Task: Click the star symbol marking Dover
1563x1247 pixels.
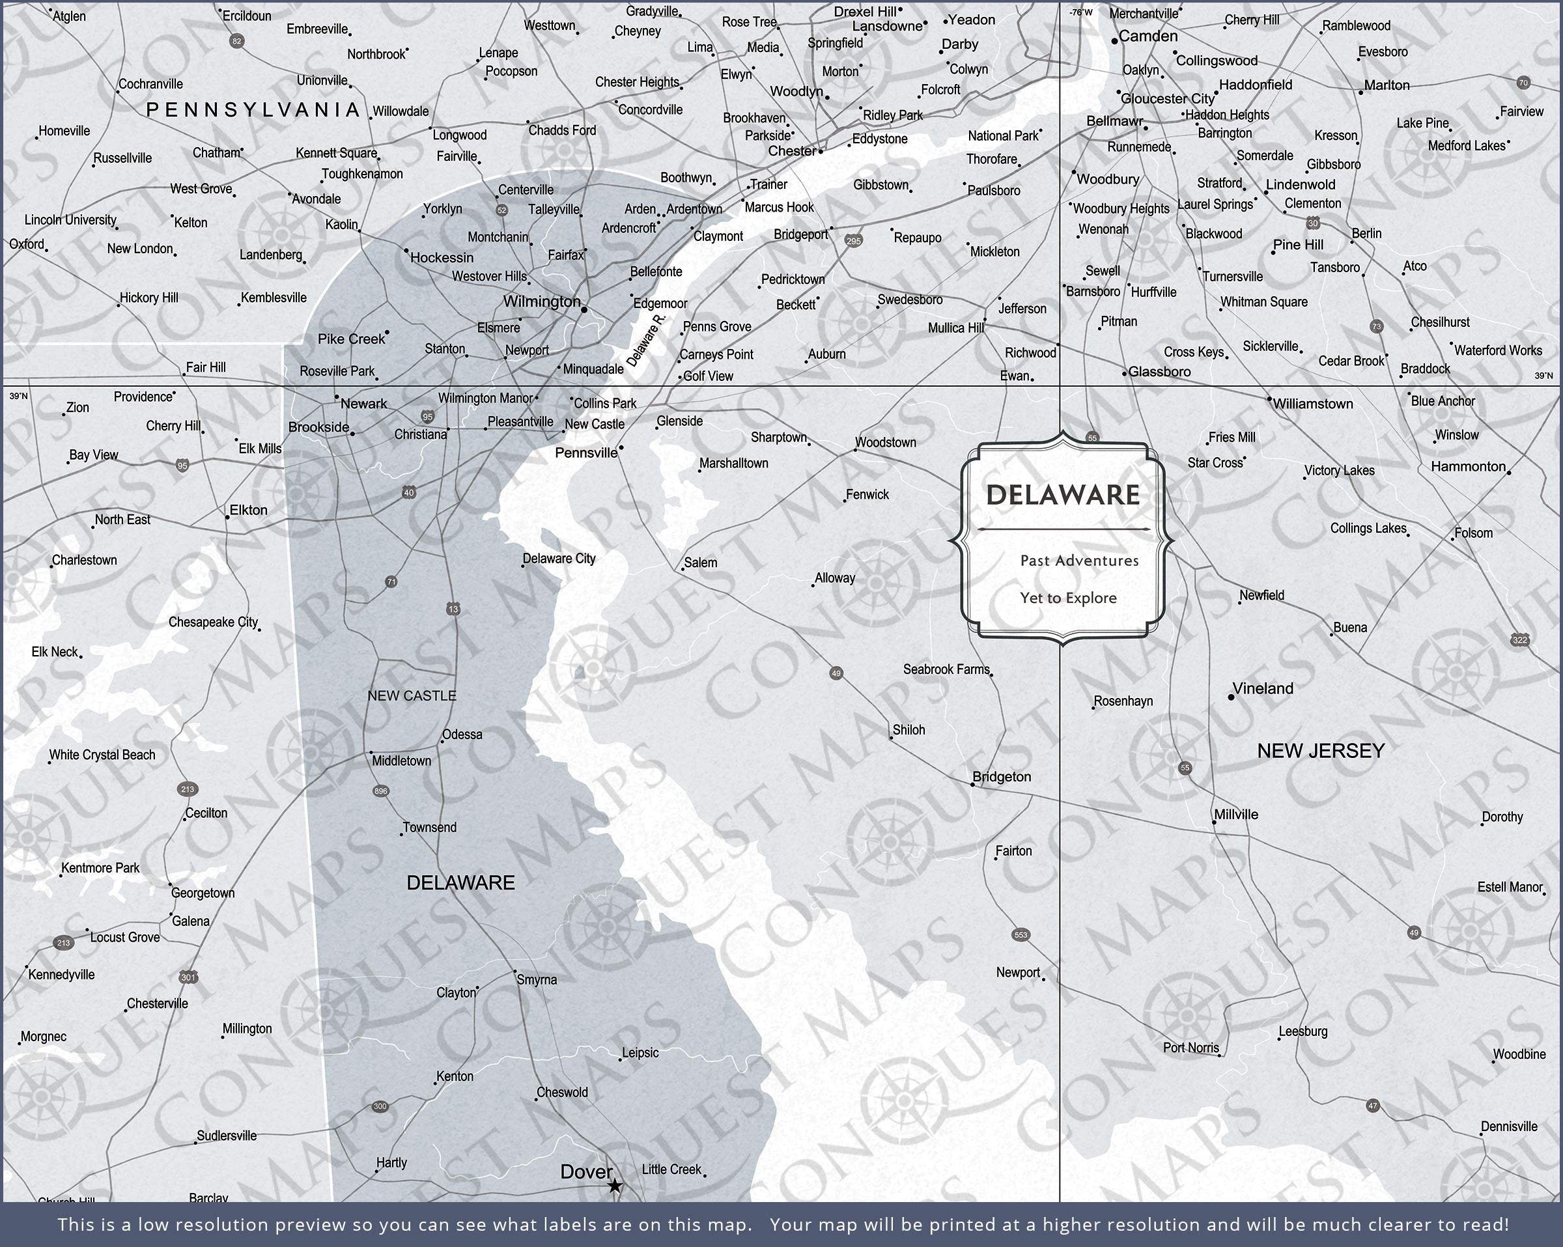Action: [614, 1186]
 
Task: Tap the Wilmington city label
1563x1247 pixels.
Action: [542, 301]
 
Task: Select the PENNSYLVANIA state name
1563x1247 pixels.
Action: [253, 110]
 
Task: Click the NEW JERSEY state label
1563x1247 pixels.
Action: [1321, 751]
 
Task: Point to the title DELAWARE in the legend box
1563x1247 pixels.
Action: [1063, 495]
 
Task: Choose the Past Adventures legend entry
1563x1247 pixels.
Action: [1078, 561]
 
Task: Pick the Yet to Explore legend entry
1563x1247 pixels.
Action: [1068, 598]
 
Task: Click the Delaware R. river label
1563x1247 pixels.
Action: [645, 340]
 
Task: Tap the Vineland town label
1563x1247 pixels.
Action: [1262, 689]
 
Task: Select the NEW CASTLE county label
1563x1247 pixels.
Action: [412, 696]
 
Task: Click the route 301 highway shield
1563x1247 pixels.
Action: [188, 977]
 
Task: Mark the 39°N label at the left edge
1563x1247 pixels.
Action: [18, 396]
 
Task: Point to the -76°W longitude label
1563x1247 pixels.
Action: [1080, 12]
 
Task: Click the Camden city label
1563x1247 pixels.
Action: [1148, 36]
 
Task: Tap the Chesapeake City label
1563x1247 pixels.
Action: [213, 622]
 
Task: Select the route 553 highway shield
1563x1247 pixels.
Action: [1021, 934]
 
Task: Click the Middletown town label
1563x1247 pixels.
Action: [401, 761]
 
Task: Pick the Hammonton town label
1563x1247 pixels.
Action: [1468, 467]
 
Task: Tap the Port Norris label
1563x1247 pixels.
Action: [1190, 1048]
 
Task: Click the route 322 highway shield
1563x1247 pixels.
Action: [1519, 639]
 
